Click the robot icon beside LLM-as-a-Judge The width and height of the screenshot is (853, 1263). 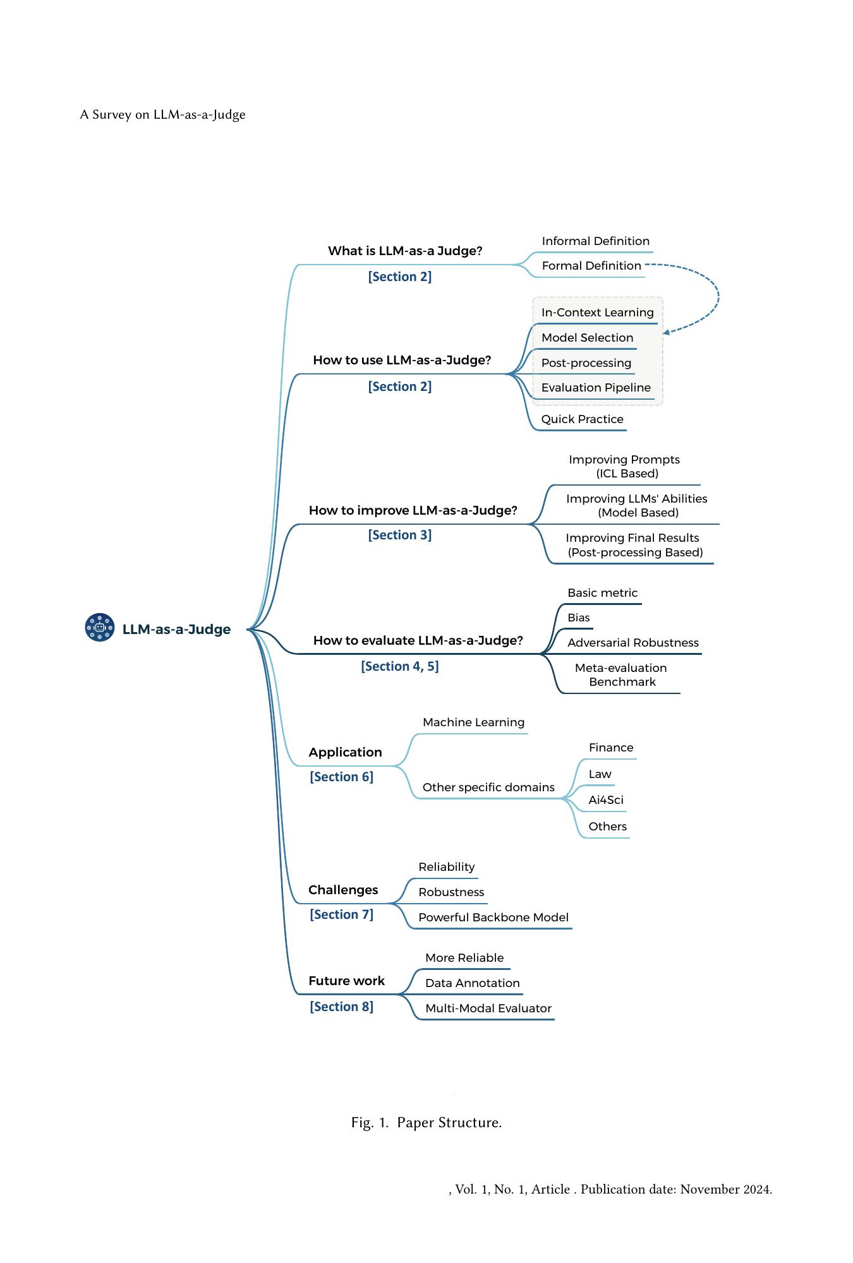(100, 627)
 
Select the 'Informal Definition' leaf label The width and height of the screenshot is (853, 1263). (596, 241)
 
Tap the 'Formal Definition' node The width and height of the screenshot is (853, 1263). (591, 266)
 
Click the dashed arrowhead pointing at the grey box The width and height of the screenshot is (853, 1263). (667, 332)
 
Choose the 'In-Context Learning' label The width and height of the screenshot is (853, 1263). (597, 313)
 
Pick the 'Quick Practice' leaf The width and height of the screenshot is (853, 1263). (582, 419)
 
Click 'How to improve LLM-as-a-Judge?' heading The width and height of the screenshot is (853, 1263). (413, 510)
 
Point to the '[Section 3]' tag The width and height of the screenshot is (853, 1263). (400, 535)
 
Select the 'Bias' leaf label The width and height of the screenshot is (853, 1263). (578, 618)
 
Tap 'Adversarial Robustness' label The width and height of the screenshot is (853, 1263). (633, 643)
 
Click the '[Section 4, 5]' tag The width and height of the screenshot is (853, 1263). (400, 666)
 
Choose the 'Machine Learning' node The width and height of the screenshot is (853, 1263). (473, 722)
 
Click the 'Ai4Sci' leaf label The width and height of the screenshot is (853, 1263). (606, 800)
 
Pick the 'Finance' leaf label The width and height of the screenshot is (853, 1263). (611, 748)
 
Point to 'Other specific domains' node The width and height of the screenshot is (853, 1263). (488, 787)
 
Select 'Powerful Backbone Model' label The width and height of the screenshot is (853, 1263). (493, 918)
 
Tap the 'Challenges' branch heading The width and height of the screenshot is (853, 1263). (343, 890)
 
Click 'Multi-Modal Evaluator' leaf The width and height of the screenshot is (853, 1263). (488, 1009)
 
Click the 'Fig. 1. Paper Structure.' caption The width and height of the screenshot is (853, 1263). (426, 1122)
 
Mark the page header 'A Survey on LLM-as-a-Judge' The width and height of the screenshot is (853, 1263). (163, 114)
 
